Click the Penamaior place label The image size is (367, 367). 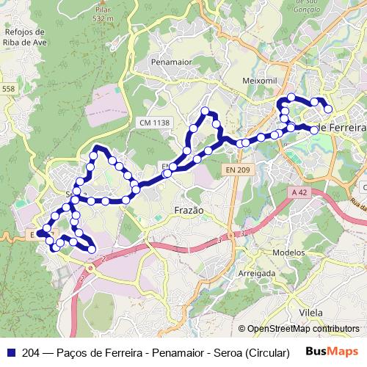click(171, 62)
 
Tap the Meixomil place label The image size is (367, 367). click(258, 79)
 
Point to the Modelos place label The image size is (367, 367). click(288, 252)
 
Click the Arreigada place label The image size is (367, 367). click(257, 272)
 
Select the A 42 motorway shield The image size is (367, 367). click(298, 192)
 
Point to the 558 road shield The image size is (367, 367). click(7, 89)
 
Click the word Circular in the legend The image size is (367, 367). click(269, 352)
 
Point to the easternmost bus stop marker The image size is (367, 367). click(328, 109)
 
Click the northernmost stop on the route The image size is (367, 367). click(291, 97)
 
